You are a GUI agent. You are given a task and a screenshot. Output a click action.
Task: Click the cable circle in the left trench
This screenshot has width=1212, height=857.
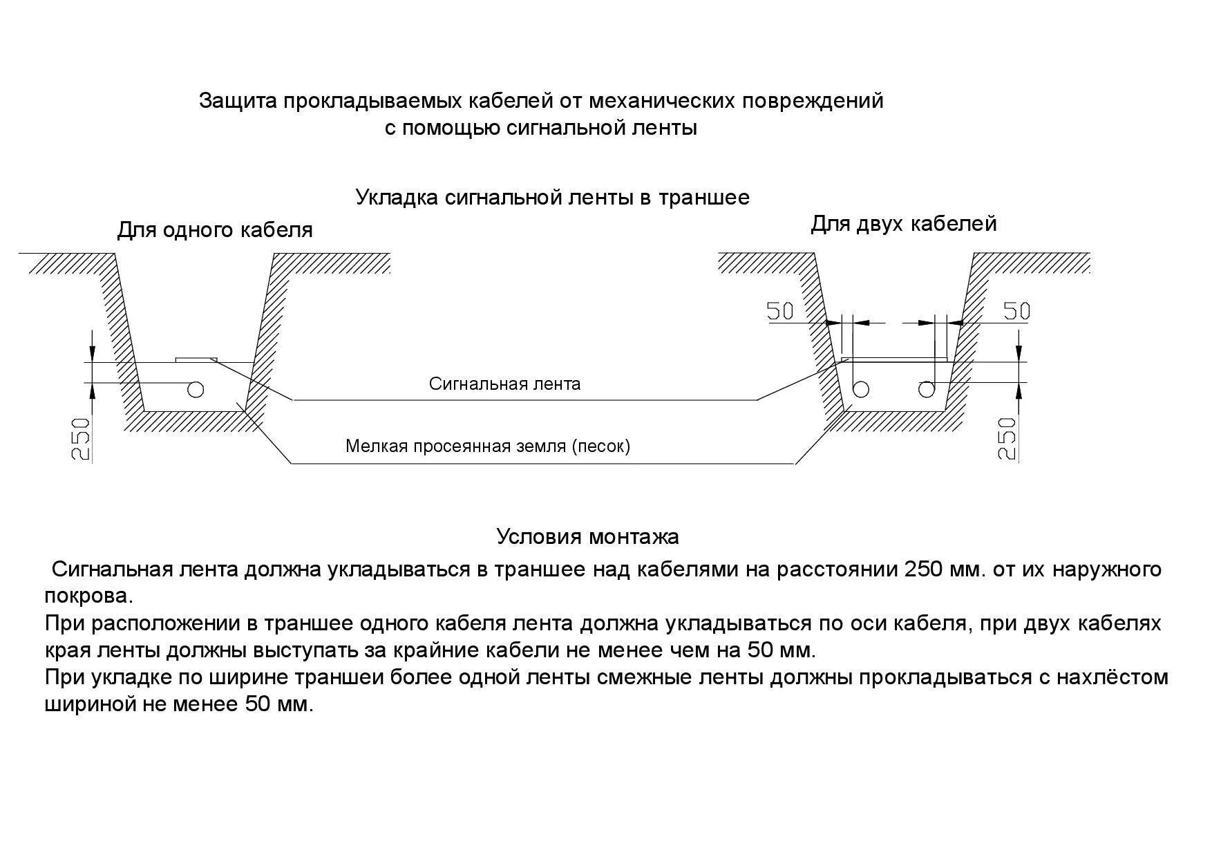(x=196, y=390)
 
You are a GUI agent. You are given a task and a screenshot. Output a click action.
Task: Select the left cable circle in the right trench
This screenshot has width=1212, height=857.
(x=860, y=390)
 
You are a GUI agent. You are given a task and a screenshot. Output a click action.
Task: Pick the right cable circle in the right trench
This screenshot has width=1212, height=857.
(x=926, y=390)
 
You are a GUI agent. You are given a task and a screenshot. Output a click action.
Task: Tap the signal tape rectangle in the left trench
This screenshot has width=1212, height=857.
(x=196, y=359)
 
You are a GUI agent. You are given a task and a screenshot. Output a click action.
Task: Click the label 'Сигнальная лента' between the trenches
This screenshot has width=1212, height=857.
(x=504, y=384)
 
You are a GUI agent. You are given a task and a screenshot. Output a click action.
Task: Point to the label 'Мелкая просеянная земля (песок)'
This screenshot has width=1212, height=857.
(x=488, y=446)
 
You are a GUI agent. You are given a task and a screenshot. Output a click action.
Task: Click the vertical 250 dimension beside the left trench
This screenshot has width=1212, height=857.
(x=82, y=438)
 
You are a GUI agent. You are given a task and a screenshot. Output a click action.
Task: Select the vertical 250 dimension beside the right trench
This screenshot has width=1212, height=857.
(x=1008, y=438)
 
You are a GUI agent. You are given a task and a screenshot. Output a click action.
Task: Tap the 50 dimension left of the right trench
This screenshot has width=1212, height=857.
(x=781, y=312)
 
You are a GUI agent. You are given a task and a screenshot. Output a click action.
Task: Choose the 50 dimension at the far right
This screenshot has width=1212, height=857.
(x=1016, y=312)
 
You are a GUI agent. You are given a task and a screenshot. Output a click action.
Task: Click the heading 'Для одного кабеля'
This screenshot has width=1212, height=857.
(x=214, y=230)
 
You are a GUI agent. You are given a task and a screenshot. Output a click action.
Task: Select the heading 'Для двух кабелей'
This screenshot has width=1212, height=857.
(x=903, y=224)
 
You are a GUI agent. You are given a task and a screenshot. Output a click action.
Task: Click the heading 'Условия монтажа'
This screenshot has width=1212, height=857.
(x=587, y=536)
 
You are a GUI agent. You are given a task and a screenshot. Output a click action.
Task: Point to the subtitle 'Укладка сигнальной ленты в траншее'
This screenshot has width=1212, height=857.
(x=552, y=198)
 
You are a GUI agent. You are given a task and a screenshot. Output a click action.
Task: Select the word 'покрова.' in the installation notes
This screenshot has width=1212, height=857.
(x=88, y=596)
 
